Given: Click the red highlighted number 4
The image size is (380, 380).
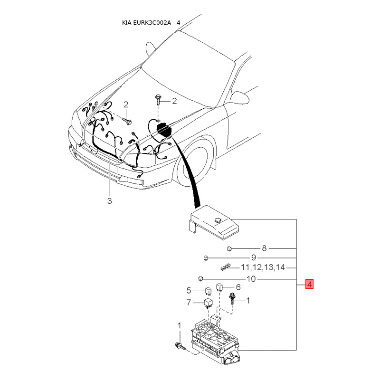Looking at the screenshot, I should click(x=309, y=285).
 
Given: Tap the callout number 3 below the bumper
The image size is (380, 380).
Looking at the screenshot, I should click(x=109, y=201).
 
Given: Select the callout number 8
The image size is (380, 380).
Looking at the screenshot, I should click(x=265, y=248).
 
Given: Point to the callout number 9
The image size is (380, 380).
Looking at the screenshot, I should click(x=254, y=257).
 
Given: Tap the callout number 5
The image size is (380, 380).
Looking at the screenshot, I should click(x=189, y=290).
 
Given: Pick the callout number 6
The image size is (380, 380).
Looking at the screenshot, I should click(x=238, y=287).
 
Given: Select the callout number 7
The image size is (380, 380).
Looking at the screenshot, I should click(x=189, y=302).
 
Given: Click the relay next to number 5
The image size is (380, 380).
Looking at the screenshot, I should click(x=208, y=291).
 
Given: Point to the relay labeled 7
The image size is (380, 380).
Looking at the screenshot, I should click(x=208, y=303).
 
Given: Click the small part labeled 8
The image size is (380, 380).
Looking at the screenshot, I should click(x=229, y=248).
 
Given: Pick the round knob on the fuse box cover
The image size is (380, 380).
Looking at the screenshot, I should click(x=218, y=220).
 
